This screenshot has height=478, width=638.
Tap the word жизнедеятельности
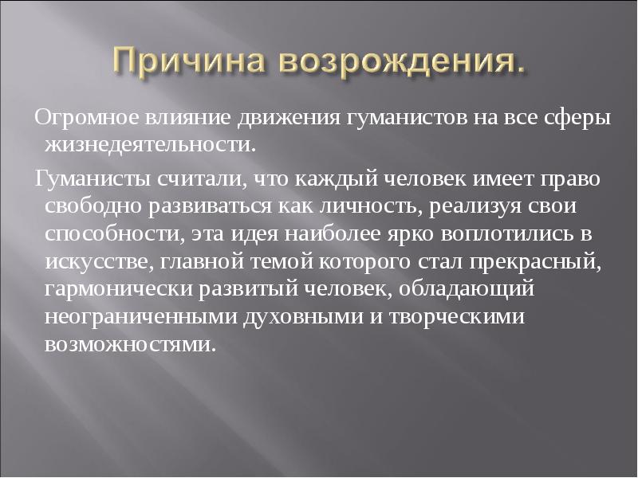pos(153,146)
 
